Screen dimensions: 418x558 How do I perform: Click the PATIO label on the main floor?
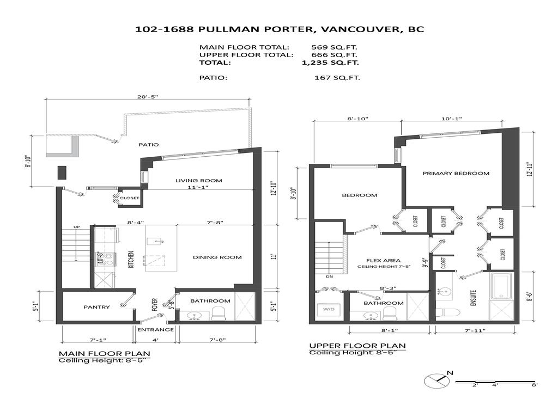click(x=148, y=145)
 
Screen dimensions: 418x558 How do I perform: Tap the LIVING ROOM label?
click(x=198, y=181)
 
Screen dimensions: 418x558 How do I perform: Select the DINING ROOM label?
click(x=218, y=257)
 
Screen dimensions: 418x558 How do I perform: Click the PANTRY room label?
click(x=96, y=307)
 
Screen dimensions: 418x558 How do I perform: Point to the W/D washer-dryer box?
click(x=329, y=310)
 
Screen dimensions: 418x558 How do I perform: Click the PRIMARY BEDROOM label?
click(x=456, y=173)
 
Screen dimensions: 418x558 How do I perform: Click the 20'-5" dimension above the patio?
click(x=148, y=97)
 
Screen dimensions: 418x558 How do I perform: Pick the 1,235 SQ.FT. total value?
click(x=330, y=63)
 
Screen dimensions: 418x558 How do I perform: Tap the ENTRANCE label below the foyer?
click(x=155, y=329)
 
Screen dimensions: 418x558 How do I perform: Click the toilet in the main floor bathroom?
click(x=219, y=312)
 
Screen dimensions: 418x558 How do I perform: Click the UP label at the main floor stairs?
click(x=77, y=227)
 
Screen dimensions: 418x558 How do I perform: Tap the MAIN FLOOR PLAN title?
click(x=104, y=353)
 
